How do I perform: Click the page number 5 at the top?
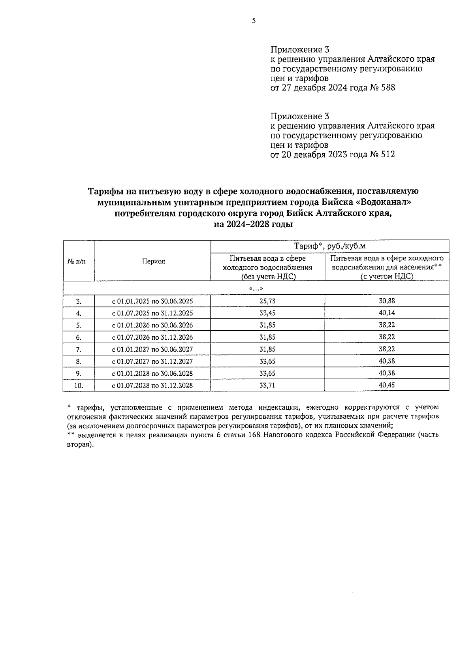254,21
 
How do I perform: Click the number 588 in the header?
387,88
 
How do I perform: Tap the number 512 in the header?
387,154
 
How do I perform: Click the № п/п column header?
78,262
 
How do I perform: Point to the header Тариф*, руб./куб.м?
330,246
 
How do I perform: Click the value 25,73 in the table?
267,301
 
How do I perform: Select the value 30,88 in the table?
387,301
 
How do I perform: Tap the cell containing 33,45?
267,313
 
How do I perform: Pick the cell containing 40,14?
387,313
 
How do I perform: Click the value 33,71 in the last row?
267,385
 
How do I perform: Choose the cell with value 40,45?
387,385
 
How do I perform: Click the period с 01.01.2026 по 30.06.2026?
152,325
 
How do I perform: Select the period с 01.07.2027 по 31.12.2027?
152,361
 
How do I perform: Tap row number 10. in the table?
79,386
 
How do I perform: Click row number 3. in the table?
79,301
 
